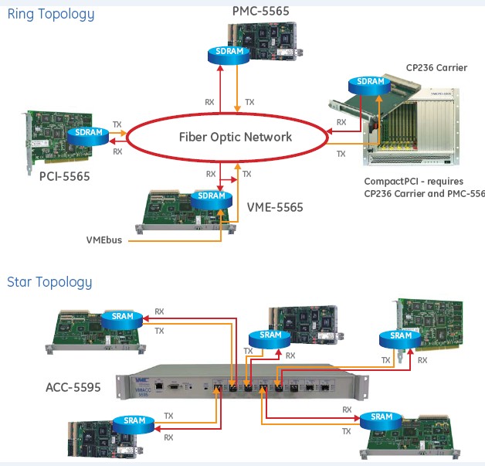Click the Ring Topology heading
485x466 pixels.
coord(51,14)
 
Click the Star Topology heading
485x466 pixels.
coord(49,282)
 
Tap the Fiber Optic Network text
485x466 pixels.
coord(236,137)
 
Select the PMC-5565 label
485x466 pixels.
coord(261,10)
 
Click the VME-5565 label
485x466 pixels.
coord(275,207)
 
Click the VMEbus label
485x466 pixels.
coord(104,240)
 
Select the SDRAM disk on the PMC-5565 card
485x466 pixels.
coord(229,52)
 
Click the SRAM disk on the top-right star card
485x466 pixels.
coord(401,336)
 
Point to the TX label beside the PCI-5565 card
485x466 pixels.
coord(117,124)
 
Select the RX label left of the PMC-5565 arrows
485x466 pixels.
coord(209,101)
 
